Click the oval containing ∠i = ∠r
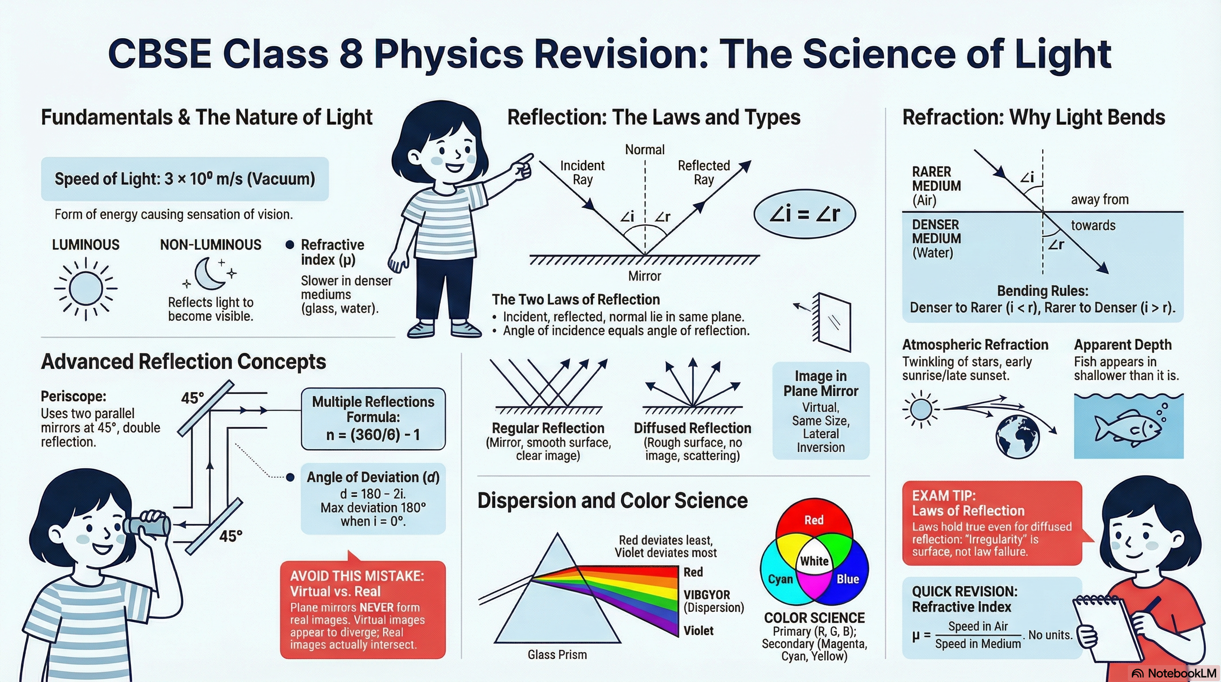(x=804, y=214)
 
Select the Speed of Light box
(x=185, y=179)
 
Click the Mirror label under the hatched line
(x=645, y=276)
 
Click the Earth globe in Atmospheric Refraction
(x=1018, y=437)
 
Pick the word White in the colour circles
(x=814, y=561)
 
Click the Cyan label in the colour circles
(x=780, y=579)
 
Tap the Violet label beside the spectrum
(x=698, y=631)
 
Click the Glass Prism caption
(x=557, y=654)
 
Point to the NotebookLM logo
(x=1174, y=674)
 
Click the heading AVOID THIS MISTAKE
(x=357, y=576)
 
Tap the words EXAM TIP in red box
(x=944, y=496)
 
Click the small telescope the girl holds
(x=146, y=524)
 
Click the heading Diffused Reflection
(x=693, y=428)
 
